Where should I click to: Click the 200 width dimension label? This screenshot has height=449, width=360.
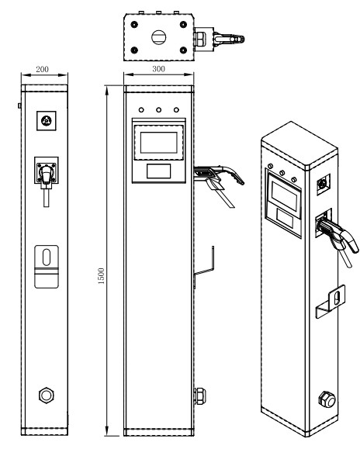click(43, 69)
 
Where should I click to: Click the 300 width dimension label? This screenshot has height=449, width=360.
click(159, 69)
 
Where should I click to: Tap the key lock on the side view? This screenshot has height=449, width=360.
click(46, 120)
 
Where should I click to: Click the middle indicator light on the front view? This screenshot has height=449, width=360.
click(159, 110)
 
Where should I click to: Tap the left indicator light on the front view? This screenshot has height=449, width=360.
click(142, 110)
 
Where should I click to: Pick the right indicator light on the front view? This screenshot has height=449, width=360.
click(176, 110)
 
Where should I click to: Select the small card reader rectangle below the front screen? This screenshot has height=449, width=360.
click(159, 171)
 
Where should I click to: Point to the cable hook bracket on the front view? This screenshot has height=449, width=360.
click(203, 264)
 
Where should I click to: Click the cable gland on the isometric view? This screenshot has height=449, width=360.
click(326, 400)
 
